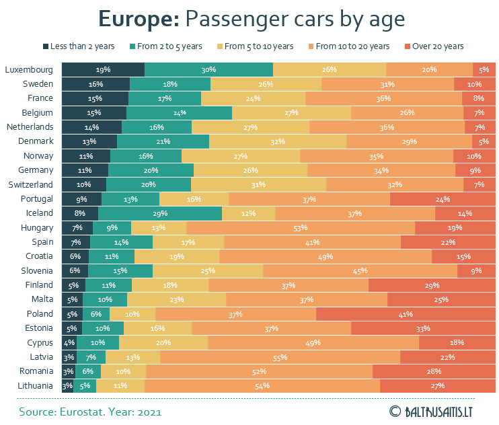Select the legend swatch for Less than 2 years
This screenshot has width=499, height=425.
[46, 46]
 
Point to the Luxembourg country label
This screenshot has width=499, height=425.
[28, 69]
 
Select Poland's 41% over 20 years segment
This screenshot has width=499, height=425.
[406, 314]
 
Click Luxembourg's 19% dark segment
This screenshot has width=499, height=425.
[103, 69]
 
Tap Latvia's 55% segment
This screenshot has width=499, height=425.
[280, 357]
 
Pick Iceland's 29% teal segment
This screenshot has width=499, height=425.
[160, 213]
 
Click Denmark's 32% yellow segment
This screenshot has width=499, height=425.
[278, 141]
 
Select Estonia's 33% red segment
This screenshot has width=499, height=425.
[423, 328]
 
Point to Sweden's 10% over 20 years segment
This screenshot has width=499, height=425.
[475, 84]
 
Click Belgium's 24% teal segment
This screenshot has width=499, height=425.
[179, 113]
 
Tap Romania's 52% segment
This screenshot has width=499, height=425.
[259, 371]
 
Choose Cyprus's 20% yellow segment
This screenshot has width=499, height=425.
[163, 343]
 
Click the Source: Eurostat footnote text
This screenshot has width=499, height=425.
[90, 410]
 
